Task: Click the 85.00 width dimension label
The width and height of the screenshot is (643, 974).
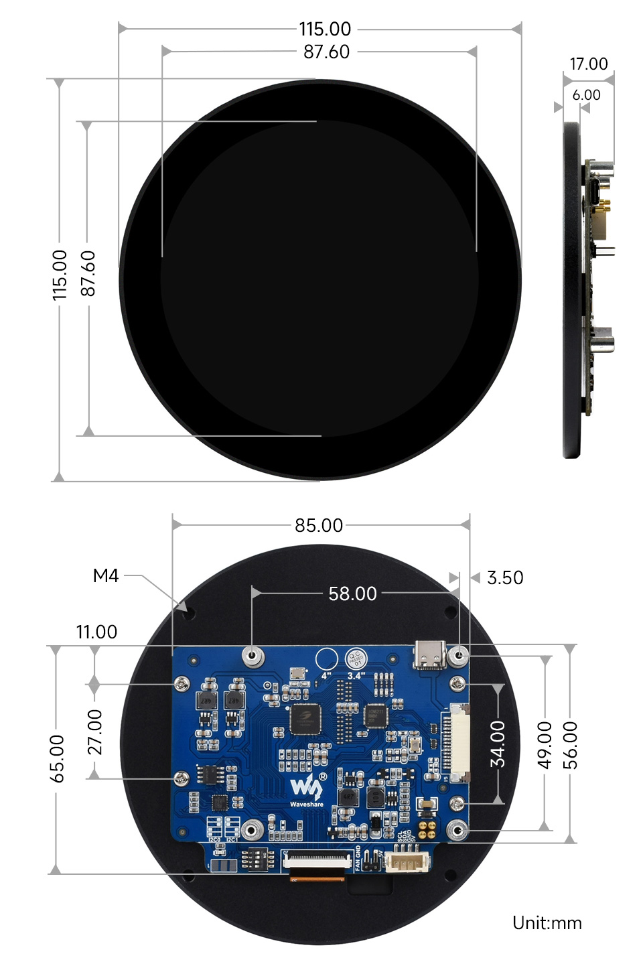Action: pyautogui.click(x=319, y=525)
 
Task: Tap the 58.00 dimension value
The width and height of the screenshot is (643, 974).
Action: pyautogui.click(x=352, y=594)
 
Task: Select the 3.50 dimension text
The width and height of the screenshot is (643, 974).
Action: pyautogui.click(x=505, y=577)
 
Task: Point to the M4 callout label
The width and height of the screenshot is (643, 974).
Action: pyautogui.click(x=106, y=575)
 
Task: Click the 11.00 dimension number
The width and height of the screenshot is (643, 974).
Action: pyautogui.click(x=96, y=632)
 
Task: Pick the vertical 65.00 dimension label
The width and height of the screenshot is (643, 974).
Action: pyautogui.click(x=58, y=758)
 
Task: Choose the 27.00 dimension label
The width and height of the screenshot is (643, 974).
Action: pyautogui.click(x=95, y=732)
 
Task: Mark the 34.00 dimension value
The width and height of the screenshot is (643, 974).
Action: pyautogui.click(x=498, y=744)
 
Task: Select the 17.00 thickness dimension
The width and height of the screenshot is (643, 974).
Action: pyautogui.click(x=589, y=64)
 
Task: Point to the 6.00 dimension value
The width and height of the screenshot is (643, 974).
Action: pyautogui.click(x=586, y=95)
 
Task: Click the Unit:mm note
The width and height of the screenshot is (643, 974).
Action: pyautogui.click(x=547, y=923)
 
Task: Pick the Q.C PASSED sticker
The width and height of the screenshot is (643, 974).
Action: pyautogui.click(x=356, y=659)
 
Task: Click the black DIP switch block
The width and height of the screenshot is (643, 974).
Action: pyautogui.click(x=257, y=858)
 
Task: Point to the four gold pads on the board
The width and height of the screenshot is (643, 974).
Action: pyautogui.click(x=429, y=825)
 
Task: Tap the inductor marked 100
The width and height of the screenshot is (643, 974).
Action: pyautogui.click(x=376, y=795)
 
